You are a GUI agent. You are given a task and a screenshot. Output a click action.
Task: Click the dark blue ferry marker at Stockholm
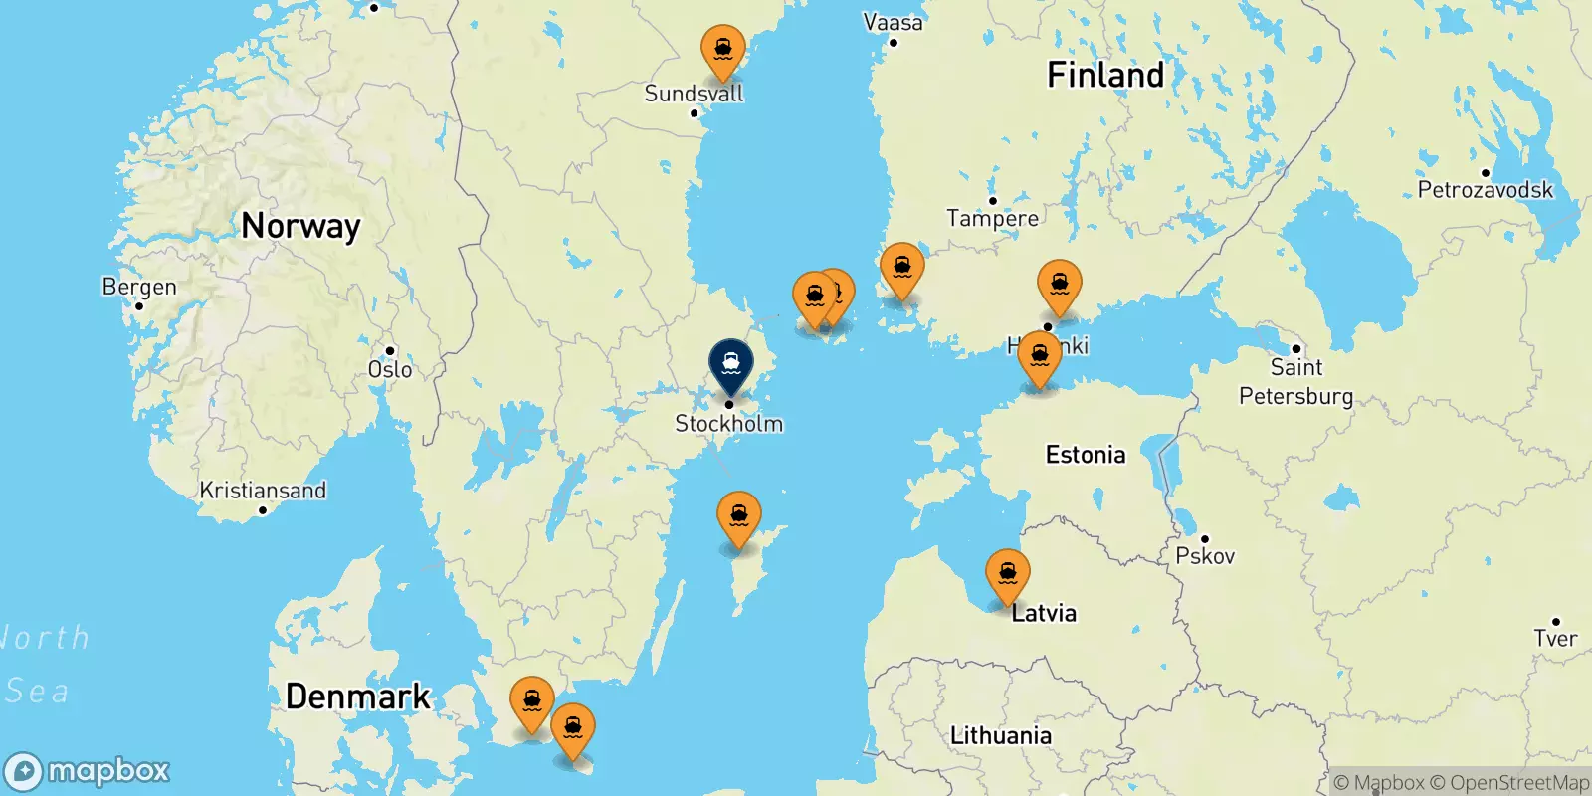(x=730, y=364)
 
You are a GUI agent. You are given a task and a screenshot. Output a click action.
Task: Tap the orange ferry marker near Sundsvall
(x=723, y=50)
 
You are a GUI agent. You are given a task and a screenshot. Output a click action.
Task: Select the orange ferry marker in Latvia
(x=1007, y=574)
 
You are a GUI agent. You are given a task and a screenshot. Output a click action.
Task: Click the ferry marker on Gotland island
(x=739, y=516)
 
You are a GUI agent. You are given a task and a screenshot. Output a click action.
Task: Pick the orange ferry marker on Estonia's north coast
(x=1040, y=356)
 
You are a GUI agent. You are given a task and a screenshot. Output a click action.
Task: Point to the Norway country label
(x=300, y=226)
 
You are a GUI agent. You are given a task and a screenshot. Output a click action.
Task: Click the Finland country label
(x=1104, y=75)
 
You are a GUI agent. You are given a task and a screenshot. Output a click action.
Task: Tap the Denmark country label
(x=358, y=696)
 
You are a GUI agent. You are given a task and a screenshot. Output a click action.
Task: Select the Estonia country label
(x=1086, y=455)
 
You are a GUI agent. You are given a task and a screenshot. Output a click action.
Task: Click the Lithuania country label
(x=1000, y=735)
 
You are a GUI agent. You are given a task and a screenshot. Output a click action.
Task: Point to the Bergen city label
(x=139, y=287)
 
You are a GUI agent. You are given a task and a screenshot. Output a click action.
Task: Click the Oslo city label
(x=390, y=369)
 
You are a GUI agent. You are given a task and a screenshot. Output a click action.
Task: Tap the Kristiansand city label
(x=263, y=491)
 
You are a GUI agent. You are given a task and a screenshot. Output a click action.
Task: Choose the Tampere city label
(x=992, y=218)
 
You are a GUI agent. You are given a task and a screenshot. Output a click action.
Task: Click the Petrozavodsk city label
(x=1485, y=189)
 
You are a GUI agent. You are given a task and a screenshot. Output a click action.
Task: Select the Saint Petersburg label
(x=1295, y=381)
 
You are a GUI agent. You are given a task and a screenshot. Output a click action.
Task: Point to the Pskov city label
(x=1205, y=555)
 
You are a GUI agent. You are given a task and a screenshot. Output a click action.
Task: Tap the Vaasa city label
(x=893, y=22)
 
